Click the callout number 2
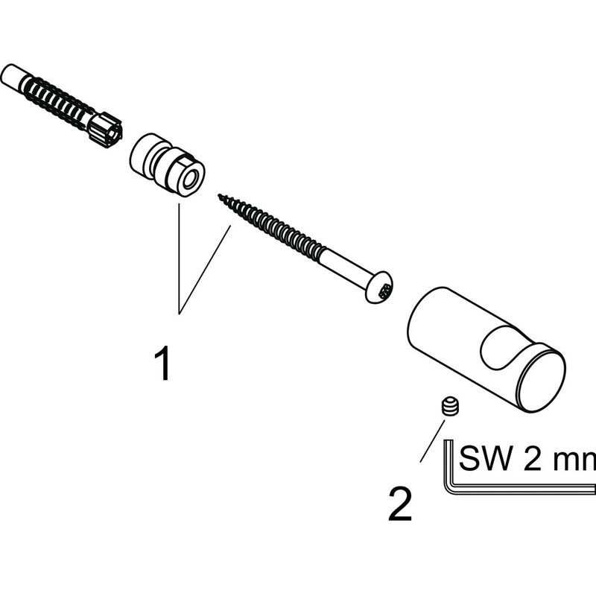point(400,504)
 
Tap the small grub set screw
point(451,408)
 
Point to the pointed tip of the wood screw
point(219,196)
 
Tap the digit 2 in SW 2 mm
point(532,458)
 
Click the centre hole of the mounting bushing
point(189,179)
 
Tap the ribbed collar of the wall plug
point(106,130)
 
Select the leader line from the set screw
point(432,441)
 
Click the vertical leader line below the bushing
point(179,259)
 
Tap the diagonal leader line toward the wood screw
point(204,270)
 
